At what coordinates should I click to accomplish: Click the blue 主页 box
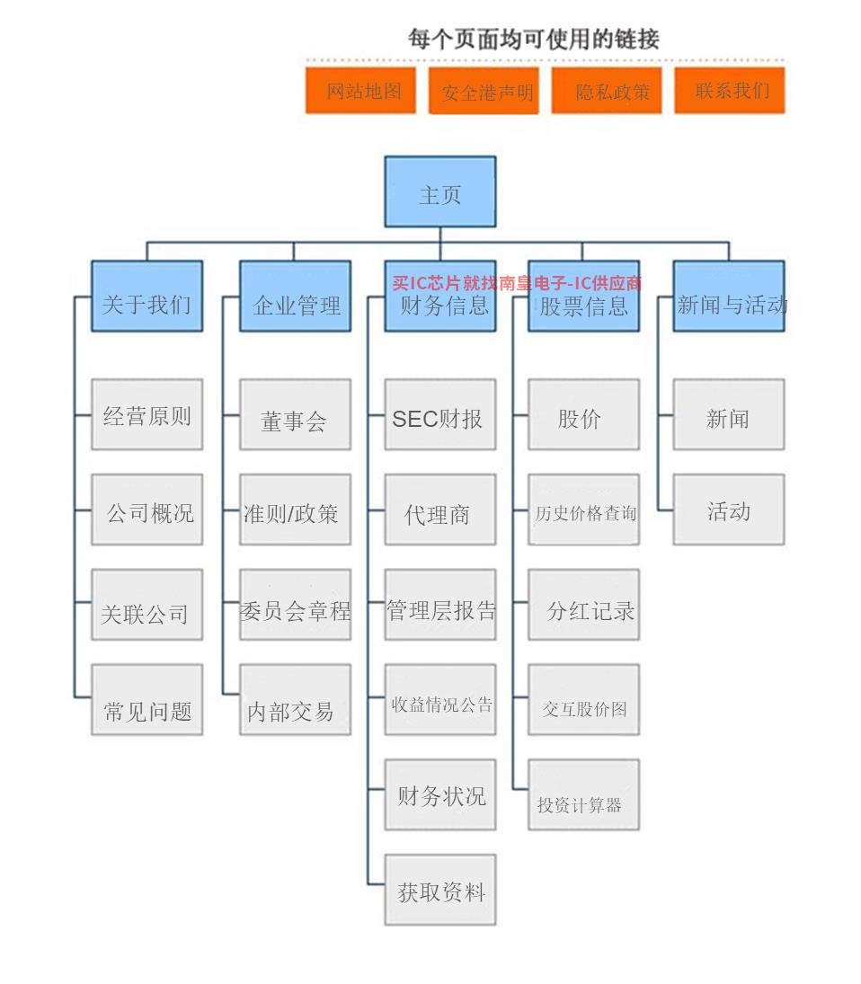[439, 192]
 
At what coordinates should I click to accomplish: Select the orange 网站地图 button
[360, 91]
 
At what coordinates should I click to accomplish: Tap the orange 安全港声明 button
[484, 91]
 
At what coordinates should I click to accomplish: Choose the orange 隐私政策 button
[607, 91]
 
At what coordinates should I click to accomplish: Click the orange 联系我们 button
[730, 91]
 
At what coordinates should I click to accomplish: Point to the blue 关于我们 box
[146, 297]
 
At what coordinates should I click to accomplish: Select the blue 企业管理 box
[295, 297]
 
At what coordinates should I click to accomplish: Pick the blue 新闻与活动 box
[729, 297]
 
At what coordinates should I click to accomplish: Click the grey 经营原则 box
[146, 414]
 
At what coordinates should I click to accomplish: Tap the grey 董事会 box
[295, 414]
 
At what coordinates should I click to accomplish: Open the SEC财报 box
[439, 414]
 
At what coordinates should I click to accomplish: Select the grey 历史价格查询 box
[583, 510]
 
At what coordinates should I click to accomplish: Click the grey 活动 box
[729, 510]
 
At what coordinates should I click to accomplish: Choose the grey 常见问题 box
[146, 700]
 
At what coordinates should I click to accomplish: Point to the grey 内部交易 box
[295, 700]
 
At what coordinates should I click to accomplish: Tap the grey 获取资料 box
[439, 890]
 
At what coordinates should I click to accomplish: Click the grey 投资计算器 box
[583, 795]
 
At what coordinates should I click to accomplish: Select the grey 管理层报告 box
[439, 605]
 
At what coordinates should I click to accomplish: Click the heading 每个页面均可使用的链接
[534, 39]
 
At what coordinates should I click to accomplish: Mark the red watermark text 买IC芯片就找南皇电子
[478, 283]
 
